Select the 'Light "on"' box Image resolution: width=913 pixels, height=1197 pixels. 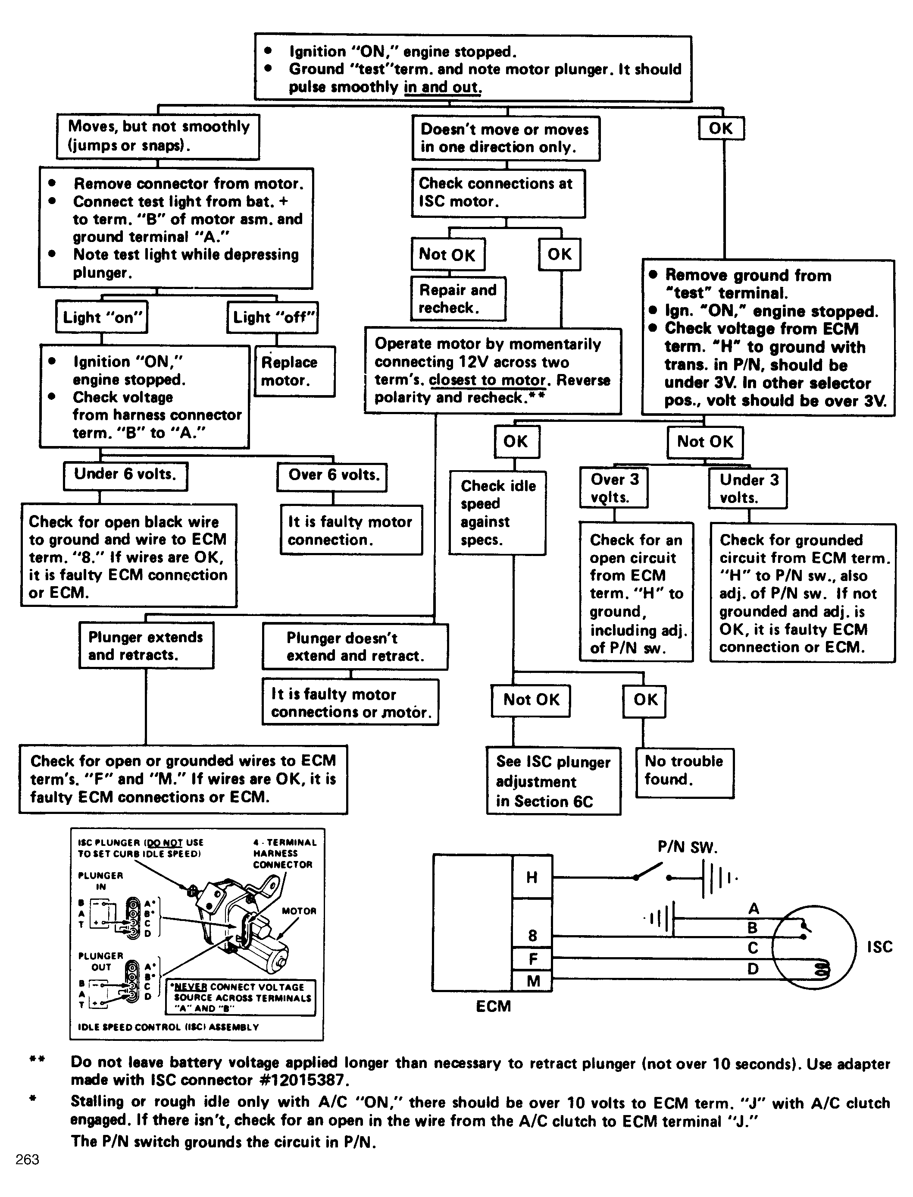click(x=102, y=317)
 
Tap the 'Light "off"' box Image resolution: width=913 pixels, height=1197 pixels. click(x=273, y=317)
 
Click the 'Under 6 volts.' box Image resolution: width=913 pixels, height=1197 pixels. click(x=125, y=475)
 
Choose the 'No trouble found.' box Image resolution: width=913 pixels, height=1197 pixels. click(x=685, y=772)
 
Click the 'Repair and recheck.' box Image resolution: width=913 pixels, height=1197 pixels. click(x=458, y=298)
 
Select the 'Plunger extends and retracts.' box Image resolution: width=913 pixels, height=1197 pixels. click(x=146, y=646)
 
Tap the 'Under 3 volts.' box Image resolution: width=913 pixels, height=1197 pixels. click(x=748, y=488)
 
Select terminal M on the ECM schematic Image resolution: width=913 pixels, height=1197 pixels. click(x=533, y=981)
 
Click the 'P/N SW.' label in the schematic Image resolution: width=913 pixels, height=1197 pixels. click(x=688, y=847)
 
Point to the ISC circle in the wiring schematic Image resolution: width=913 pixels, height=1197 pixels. click(x=813, y=947)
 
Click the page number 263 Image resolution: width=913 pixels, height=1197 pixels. click(x=27, y=1159)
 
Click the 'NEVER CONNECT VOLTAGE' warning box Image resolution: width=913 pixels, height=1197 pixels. click(x=240, y=997)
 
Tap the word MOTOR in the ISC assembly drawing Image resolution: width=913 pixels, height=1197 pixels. click(x=298, y=911)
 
